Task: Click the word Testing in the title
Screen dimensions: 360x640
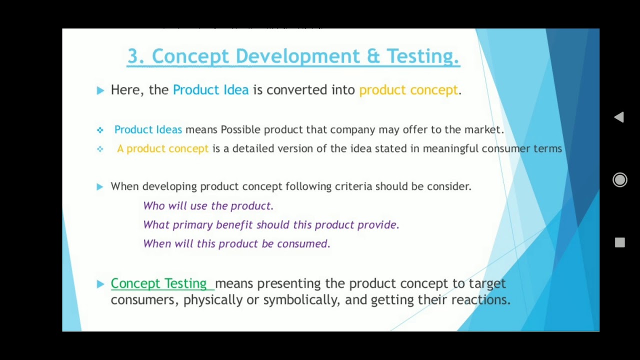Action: tap(422, 56)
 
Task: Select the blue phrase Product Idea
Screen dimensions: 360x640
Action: tap(210, 90)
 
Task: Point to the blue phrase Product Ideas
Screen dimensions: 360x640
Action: tap(148, 129)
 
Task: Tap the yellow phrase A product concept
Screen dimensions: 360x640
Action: tap(162, 148)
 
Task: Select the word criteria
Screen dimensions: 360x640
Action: tap(353, 186)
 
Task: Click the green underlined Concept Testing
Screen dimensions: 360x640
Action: tap(158, 283)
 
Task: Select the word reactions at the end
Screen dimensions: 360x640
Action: tap(480, 300)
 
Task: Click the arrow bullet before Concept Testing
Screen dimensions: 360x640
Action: tap(100, 284)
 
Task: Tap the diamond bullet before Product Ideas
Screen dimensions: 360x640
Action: tap(100, 130)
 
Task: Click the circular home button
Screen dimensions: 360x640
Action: tap(619, 180)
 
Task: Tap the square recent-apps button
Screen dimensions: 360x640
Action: tap(619, 242)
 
